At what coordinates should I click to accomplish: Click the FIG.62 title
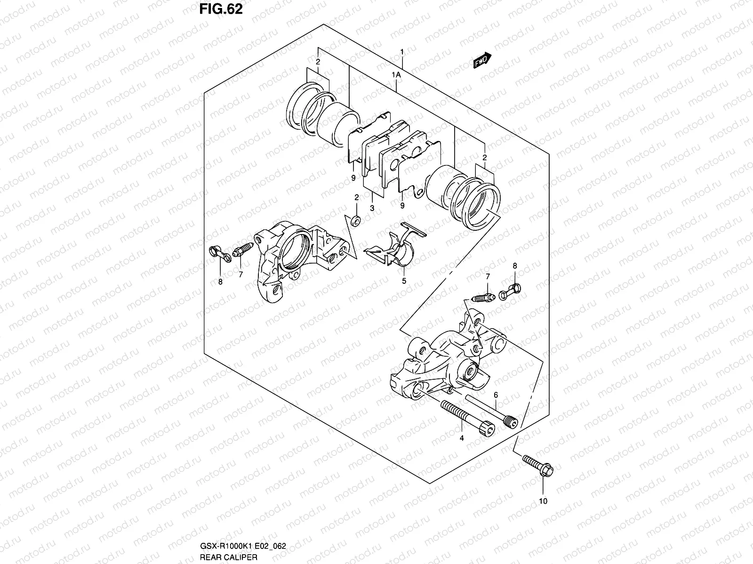pos(220,9)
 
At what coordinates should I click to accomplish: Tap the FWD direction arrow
pos(482,61)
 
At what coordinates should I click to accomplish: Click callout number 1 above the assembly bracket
pos(402,51)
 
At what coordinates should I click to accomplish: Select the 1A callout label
pos(396,75)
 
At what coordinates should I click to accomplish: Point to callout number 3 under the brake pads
pos(372,208)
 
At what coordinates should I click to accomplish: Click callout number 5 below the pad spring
pos(404,282)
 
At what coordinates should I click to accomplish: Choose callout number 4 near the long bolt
pos(462,438)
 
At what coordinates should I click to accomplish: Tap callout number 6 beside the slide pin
pos(496,395)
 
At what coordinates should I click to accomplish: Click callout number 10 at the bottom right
pos(543,501)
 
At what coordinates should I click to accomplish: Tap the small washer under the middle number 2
pos(356,219)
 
